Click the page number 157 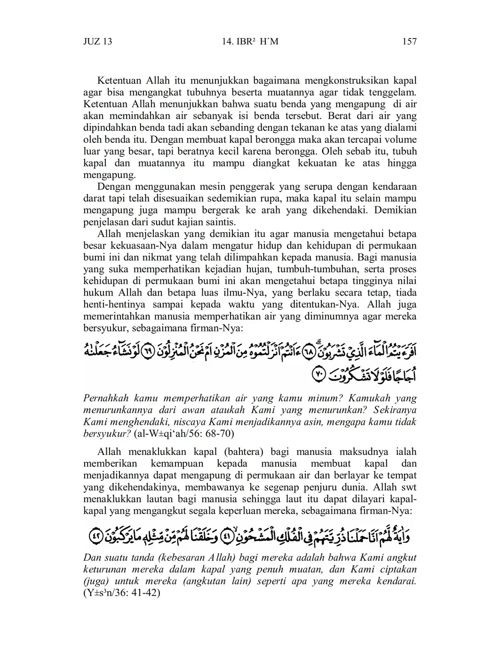409,42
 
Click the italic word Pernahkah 107,398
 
